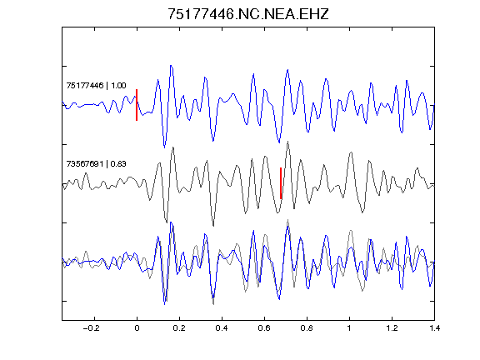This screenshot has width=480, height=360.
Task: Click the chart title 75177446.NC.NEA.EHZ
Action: (x=248, y=14)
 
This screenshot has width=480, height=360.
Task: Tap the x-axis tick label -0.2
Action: (x=91, y=328)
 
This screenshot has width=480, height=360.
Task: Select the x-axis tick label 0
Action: (x=137, y=328)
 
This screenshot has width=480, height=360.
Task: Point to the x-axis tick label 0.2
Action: (x=179, y=328)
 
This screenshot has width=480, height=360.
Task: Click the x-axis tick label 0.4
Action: (x=222, y=328)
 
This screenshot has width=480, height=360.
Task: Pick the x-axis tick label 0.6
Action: (x=264, y=328)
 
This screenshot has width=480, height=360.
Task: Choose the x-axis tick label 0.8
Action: (x=307, y=328)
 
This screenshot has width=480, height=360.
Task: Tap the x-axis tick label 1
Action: (x=349, y=328)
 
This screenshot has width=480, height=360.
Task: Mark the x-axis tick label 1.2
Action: (x=392, y=328)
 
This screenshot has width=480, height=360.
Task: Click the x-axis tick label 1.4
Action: (x=434, y=328)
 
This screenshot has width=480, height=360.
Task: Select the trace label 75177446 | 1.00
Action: (x=96, y=85)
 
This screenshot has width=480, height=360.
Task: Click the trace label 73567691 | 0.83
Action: (x=96, y=164)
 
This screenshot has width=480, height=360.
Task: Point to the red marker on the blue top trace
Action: (x=137, y=105)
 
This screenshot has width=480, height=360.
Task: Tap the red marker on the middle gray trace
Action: (x=281, y=183)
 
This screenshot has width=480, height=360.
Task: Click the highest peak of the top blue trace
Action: (x=171, y=66)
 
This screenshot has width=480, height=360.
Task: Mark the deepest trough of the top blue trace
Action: (x=164, y=147)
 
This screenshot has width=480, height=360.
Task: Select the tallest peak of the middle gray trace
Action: (x=288, y=142)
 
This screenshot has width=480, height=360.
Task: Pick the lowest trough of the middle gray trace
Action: (x=213, y=226)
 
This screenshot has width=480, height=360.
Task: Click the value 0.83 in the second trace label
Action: (x=118, y=164)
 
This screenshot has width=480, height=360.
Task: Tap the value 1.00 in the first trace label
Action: (x=118, y=85)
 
